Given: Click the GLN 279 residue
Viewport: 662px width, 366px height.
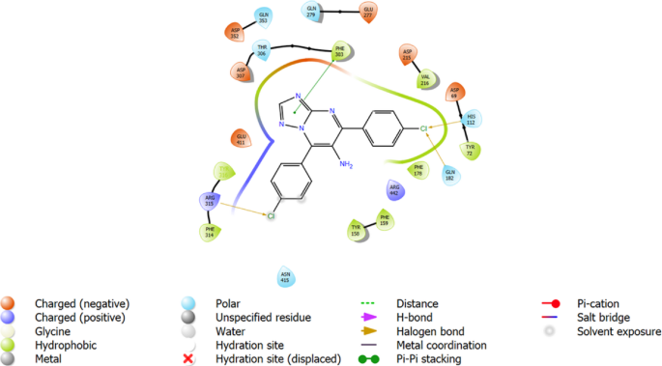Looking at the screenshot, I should [312, 12].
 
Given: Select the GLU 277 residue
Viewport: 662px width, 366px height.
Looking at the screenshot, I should [368, 13].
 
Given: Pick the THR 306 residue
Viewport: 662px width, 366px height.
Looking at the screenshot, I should [261, 49].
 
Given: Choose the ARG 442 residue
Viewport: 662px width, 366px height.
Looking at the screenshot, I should [394, 189].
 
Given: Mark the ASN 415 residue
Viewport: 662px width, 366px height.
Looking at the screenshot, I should [285, 278].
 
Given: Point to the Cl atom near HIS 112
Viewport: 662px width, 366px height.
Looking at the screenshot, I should [422, 127].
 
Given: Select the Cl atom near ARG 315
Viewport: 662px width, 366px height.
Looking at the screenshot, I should [272, 216].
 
